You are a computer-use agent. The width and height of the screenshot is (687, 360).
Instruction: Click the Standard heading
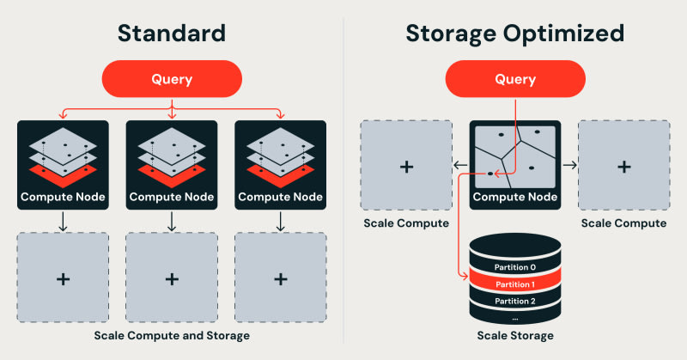[172, 34]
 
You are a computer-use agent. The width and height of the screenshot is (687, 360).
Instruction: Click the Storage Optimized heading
[514, 34]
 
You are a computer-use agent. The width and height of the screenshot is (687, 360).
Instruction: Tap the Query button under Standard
[172, 79]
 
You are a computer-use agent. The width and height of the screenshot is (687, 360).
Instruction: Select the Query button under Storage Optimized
[515, 79]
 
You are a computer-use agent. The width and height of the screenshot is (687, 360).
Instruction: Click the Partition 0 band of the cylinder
[515, 267]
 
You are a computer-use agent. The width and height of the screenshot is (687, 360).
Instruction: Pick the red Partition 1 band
[515, 284]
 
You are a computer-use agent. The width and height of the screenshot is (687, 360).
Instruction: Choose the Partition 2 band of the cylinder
[515, 301]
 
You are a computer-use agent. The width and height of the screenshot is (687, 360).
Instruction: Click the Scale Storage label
[515, 335]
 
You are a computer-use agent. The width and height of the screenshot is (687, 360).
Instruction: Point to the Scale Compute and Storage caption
[172, 335]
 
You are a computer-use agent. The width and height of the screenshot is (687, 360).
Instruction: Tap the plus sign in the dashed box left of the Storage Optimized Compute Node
[406, 167]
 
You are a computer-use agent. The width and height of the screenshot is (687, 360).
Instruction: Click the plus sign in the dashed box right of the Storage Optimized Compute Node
[624, 167]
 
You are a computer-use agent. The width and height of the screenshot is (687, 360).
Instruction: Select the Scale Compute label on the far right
[624, 223]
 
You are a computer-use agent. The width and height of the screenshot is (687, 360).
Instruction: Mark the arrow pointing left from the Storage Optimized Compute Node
[460, 165]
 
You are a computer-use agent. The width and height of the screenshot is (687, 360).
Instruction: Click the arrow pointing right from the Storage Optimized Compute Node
[569, 165]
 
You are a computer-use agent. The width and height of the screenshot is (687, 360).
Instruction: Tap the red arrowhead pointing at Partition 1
[465, 277]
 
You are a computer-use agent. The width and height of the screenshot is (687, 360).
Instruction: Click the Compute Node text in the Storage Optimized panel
[515, 197]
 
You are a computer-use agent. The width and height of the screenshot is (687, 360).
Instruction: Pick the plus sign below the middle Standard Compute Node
[172, 279]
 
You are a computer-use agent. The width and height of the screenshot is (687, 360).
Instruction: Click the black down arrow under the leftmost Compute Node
[63, 222]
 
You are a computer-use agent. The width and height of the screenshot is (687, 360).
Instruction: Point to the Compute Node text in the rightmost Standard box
[281, 197]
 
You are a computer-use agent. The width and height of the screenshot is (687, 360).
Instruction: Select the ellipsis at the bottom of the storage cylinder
[515, 319]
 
